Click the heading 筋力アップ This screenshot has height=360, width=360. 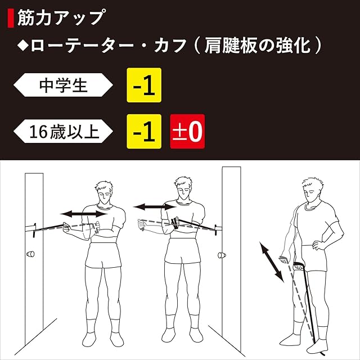61,17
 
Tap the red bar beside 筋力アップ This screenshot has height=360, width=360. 11,18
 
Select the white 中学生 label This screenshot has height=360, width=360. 63,85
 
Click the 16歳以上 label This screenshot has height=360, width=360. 63,131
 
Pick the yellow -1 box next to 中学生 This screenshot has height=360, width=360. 144,85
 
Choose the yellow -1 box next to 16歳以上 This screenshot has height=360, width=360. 144,131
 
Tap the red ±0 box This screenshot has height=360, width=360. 187,131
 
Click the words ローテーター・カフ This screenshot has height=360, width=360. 109,46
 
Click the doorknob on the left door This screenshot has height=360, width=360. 30,254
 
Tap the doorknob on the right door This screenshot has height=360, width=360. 222,255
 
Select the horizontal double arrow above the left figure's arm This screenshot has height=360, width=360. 84,214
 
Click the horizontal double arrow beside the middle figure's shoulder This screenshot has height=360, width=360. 155,207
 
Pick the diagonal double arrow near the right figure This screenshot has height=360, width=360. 272,262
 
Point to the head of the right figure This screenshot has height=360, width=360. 312,190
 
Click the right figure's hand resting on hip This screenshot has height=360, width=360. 316,245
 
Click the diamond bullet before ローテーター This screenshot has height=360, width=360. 23,46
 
